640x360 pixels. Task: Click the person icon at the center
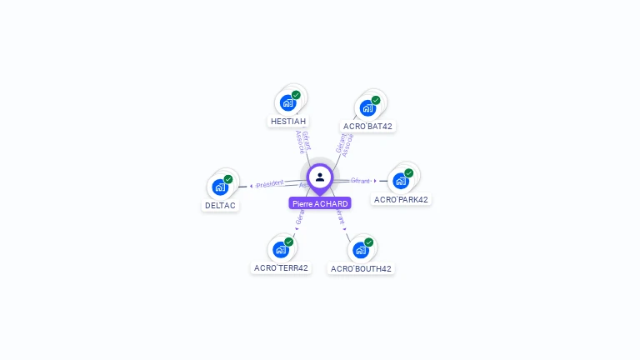coord(320,177)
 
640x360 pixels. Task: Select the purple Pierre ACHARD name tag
coord(320,203)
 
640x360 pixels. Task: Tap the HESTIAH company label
coord(288,121)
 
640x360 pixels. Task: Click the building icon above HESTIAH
coord(287,102)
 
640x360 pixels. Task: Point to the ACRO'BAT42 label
coord(367,127)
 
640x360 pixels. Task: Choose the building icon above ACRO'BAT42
coord(367,107)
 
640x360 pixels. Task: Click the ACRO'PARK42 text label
coord(401,200)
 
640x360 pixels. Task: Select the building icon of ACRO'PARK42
coord(401,181)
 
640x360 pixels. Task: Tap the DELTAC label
coord(220,206)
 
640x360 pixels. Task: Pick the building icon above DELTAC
coord(220,187)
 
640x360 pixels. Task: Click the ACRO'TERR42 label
coord(281,268)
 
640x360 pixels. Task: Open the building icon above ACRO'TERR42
coord(281,249)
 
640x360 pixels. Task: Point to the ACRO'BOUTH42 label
coord(361,269)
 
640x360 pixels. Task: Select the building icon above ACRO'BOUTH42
coord(361,250)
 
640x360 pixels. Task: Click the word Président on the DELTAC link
coord(270,184)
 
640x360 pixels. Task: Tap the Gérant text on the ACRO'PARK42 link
coord(360,180)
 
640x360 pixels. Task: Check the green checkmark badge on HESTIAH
coord(296,95)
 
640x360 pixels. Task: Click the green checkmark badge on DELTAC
coord(228,179)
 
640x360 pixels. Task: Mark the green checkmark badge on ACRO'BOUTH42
coord(369,242)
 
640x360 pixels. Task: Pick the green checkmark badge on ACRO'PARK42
coord(409,173)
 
